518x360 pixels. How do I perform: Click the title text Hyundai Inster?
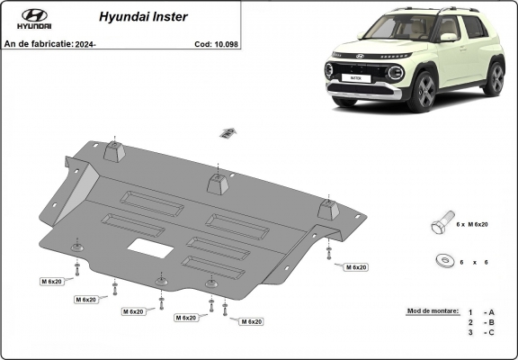click(x=135, y=16)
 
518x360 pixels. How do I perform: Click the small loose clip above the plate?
click(x=228, y=133)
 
